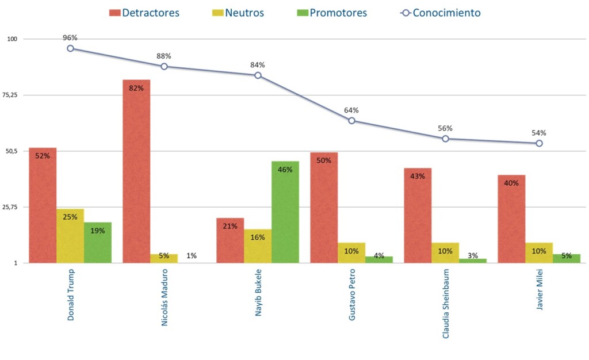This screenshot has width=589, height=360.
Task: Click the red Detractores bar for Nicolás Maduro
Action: [136, 173]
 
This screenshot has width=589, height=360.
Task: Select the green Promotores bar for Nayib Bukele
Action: [285, 213]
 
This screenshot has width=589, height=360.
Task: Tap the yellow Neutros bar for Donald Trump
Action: [70, 236]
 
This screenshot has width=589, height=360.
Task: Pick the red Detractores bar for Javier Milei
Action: [511, 219]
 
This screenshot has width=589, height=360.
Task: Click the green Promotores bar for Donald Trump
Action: [98, 243]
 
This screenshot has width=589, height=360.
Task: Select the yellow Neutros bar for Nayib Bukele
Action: [258, 246]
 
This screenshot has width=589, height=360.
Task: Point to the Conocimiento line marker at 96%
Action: [70, 48]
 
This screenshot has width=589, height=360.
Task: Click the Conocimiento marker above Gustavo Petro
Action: [351, 121]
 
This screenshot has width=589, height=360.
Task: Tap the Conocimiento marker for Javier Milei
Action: [539, 143]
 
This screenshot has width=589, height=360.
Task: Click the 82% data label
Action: [136, 88]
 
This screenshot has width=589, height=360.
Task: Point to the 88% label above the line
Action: [164, 56]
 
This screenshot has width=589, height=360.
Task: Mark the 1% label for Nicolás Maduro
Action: [192, 255]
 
